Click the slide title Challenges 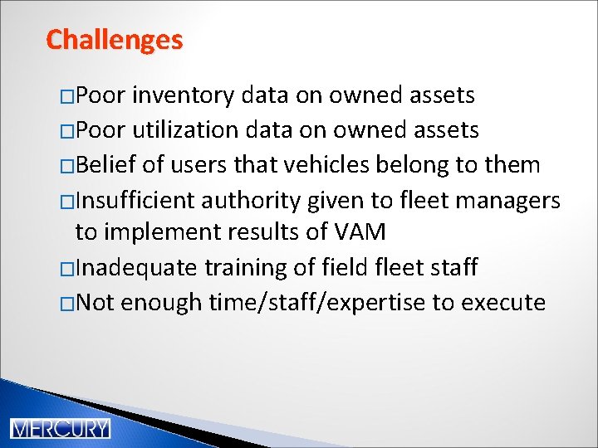(114, 39)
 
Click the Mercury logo (60, 428)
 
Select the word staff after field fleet (452, 267)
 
